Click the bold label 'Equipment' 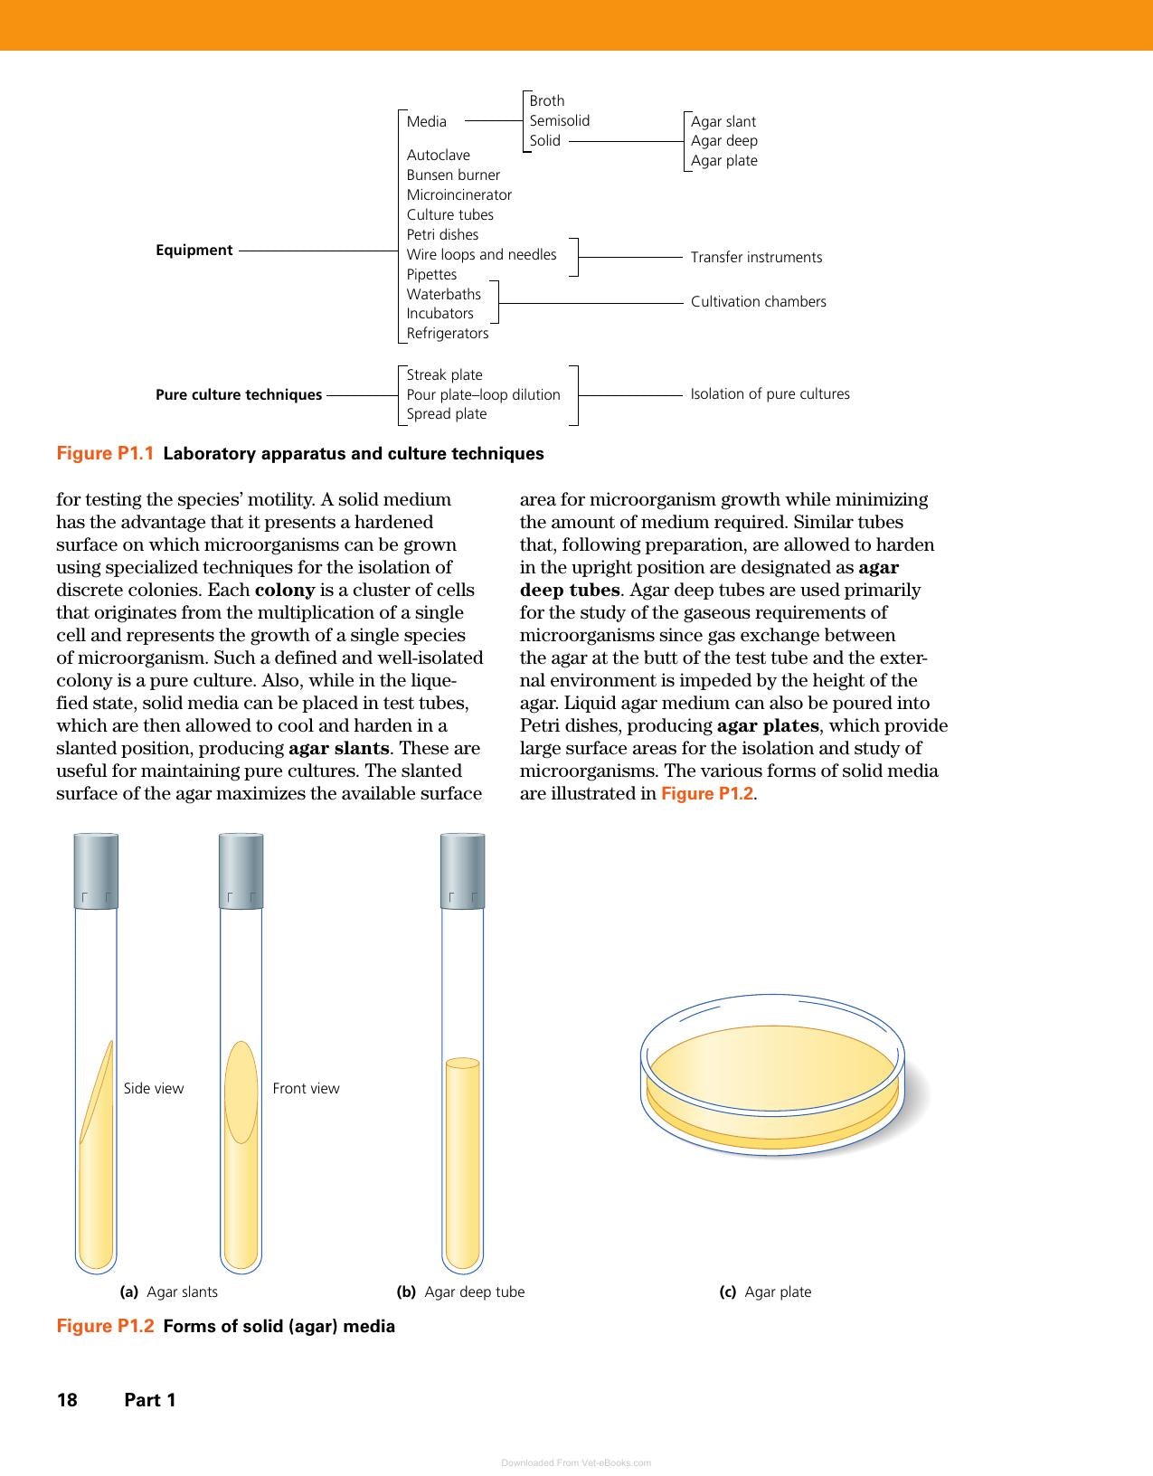point(194,250)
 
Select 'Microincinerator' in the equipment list point(459,195)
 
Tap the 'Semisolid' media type point(560,120)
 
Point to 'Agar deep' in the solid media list point(723,140)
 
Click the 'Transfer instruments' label point(756,258)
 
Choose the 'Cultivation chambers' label point(759,301)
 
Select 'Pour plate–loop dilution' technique point(484,394)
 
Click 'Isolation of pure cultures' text point(770,394)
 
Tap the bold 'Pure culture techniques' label point(239,394)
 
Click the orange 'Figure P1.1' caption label point(105,453)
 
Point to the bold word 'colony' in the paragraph point(285,590)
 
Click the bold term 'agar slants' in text point(339,748)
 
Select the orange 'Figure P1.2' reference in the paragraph point(707,793)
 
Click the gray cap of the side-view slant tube point(96,871)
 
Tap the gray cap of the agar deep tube point(462,871)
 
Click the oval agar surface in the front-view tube point(241,1093)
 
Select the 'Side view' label point(154,1088)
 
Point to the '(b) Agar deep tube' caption point(460,1291)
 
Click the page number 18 point(67,1399)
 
